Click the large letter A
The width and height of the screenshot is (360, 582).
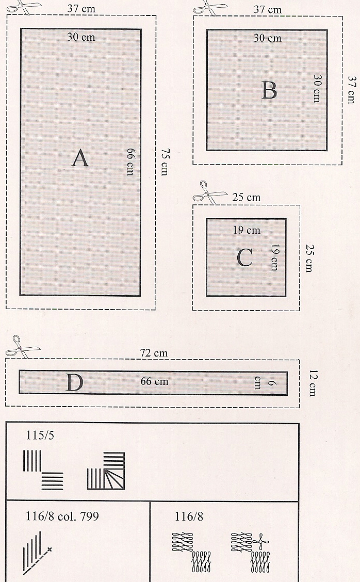80,158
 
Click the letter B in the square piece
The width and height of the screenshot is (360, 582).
269,90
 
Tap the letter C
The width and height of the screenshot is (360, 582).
244,258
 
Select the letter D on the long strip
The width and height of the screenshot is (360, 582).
74,383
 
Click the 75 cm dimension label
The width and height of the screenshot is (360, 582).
164,162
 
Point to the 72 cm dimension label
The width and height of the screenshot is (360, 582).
154,353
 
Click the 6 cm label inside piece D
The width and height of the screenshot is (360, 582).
257,382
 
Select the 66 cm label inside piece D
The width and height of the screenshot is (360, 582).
154,382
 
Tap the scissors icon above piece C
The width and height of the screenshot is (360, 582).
208,192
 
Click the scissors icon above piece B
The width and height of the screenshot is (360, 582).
207,7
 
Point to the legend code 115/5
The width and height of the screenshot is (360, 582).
40,435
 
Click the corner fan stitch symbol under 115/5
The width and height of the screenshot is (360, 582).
106,471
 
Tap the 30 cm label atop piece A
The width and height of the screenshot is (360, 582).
81,37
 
